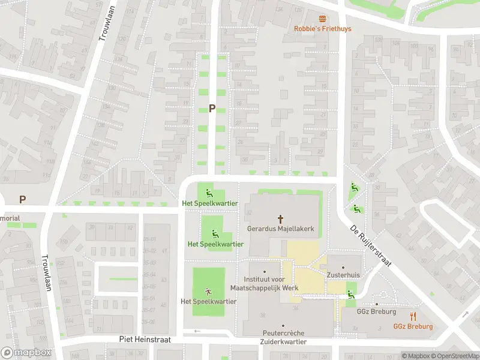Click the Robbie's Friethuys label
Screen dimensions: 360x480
pos(323,29)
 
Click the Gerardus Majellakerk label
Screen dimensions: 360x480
pos(280,229)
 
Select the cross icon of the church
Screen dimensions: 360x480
pos(280,219)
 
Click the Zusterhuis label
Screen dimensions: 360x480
pos(343,274)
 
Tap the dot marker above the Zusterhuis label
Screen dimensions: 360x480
pos(343,267)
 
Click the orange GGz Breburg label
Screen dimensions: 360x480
pos(413,326)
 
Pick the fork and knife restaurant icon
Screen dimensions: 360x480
pos(413,317)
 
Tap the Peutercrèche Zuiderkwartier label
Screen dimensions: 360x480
pos(284,337)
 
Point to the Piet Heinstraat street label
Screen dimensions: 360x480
pos(145,340)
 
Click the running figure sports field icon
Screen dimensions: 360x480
pos(208,291)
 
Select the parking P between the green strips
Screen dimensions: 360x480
pos(212,109)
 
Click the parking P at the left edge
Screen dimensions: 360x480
pos(23,199)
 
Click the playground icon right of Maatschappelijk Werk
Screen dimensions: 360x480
pos(350,293)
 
